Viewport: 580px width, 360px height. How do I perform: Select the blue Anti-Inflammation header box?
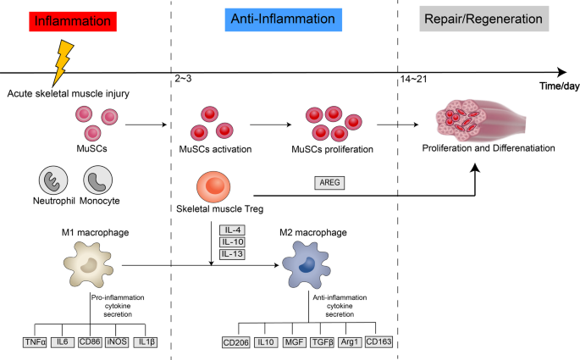click(284, 19)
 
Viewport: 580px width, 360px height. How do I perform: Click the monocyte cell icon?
click(98, 181)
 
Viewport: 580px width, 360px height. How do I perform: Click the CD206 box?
click(236, 343)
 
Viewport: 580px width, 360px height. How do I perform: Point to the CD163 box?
click(379, 343)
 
